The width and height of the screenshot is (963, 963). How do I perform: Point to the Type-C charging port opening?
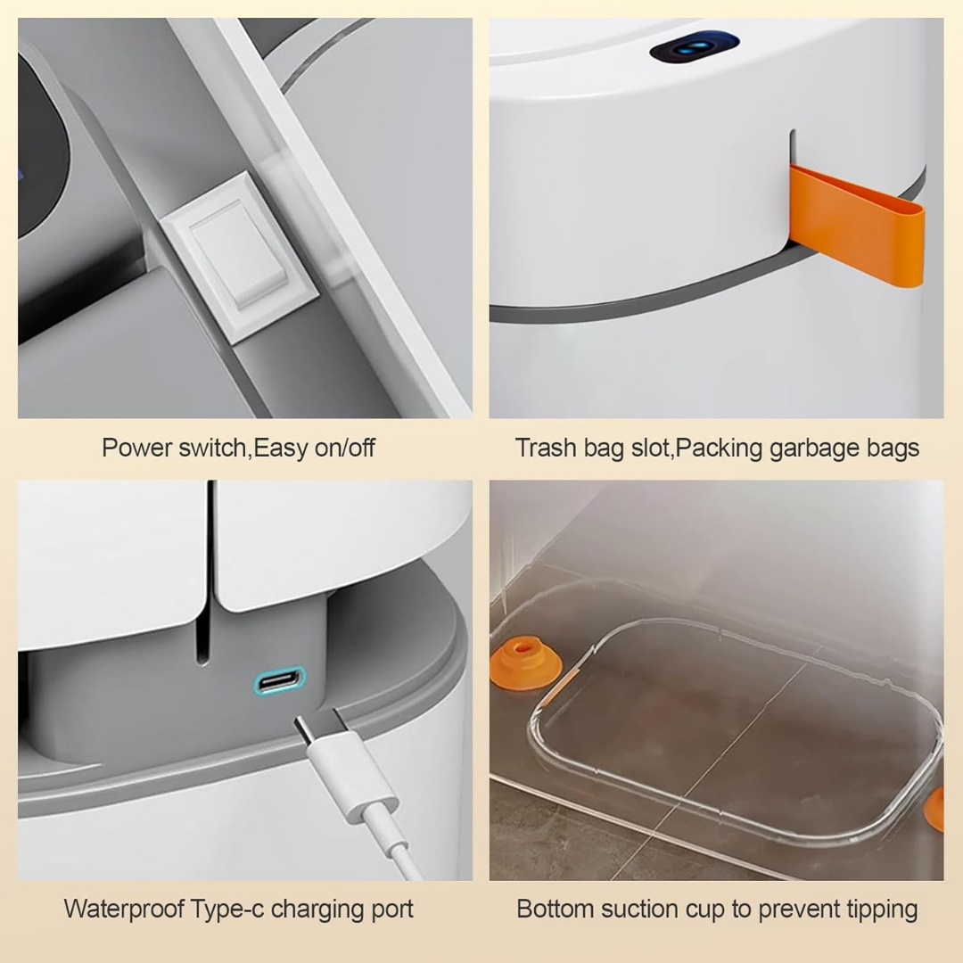280,683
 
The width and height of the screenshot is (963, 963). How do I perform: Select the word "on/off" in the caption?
344,447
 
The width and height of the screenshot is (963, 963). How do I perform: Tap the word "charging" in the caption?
311,909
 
